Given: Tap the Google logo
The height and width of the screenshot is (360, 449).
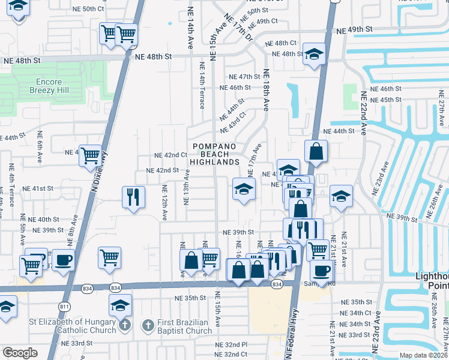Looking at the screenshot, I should (x=20, y=353).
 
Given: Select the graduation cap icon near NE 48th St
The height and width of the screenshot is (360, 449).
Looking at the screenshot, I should (x=314, y=55).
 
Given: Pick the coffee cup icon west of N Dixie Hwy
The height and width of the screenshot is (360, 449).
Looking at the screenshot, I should (x=64, y=260).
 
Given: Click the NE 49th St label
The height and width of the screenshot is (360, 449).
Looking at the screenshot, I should (x=355, y=29).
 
